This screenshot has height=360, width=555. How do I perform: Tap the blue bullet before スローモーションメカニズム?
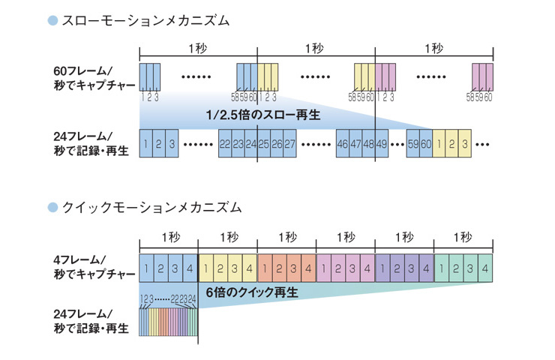coord(52,21)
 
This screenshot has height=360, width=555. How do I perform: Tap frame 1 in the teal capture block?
coord(442,268)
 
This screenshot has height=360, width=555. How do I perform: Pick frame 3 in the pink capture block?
coord(353,268)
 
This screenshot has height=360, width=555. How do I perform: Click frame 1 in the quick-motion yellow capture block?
coord(205,268)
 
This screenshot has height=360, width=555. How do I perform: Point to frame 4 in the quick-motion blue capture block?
coord(190,268)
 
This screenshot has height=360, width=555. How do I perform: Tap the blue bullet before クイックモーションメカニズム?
coord(52,206)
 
